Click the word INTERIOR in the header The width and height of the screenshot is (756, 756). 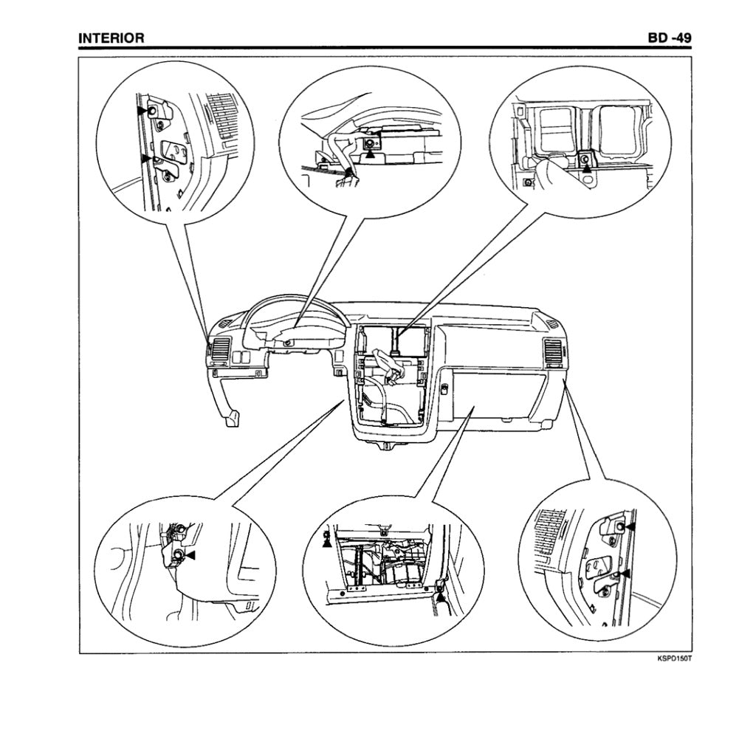[x=111, y=38]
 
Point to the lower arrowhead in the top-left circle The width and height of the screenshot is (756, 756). [x=146, y=157]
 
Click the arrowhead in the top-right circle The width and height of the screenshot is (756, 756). [x=587, y=168]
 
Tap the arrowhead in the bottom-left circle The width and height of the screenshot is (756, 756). [x=191, y=554]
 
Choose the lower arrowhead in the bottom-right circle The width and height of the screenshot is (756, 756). [x=624, y=572]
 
